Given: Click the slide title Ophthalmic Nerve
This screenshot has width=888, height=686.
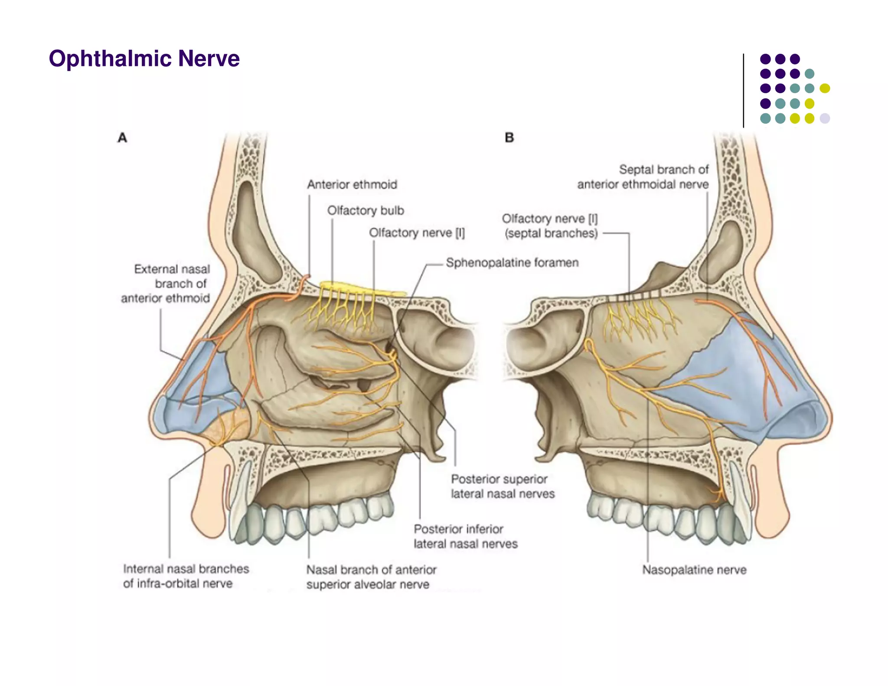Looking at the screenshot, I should click(144, 59).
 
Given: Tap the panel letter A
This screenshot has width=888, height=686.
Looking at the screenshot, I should click(122, 138).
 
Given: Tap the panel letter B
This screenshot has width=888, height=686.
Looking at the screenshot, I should click(509, 138).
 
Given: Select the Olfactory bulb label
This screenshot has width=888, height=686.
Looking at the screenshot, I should click(366, 211).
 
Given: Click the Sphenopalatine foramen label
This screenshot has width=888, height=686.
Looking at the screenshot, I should click(512, 263).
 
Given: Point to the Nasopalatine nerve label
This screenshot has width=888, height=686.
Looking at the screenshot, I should click(694, 570).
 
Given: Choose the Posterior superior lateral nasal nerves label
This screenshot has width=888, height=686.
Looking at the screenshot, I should click(503, 487).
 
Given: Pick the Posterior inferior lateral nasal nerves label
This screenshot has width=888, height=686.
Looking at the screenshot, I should click(465, 536).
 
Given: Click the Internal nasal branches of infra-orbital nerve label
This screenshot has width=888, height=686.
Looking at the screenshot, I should click(186, 576).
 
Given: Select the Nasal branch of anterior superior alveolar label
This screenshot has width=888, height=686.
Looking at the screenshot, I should click(371, 577).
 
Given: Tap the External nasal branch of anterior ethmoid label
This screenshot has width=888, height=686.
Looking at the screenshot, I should click(166, 284).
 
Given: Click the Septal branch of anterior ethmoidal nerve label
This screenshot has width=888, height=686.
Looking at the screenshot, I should click(643, 177).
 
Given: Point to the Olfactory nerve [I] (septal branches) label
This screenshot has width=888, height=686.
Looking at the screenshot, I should click(550, 226).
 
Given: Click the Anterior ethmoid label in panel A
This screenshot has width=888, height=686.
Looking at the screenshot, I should click(352, 185).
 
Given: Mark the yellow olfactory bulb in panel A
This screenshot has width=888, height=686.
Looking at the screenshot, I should click(362, 288).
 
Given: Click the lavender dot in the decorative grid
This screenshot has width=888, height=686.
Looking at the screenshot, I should click(825, 118).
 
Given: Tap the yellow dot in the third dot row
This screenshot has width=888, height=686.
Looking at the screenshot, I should click(825, 88).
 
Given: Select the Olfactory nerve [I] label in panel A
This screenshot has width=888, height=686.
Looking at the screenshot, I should click(417, 233).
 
